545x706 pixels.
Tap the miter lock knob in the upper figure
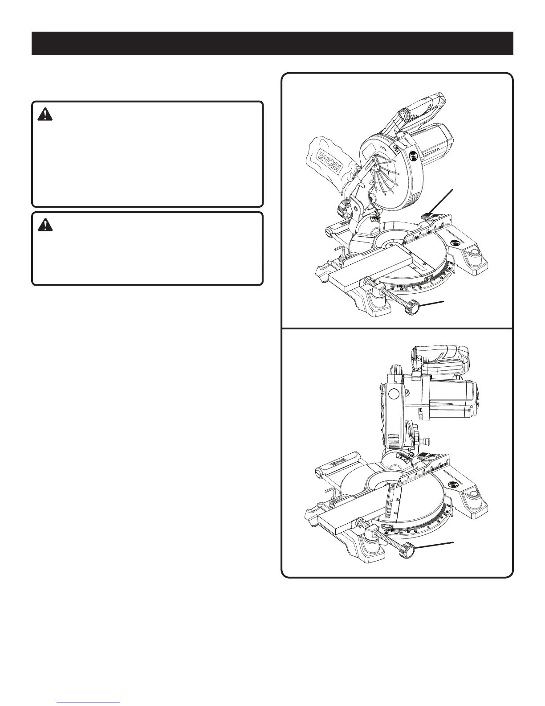pos(412,308)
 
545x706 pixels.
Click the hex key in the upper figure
pos(338,245)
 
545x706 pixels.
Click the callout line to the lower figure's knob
pos(434,546)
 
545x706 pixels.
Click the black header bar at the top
pos(272,43)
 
